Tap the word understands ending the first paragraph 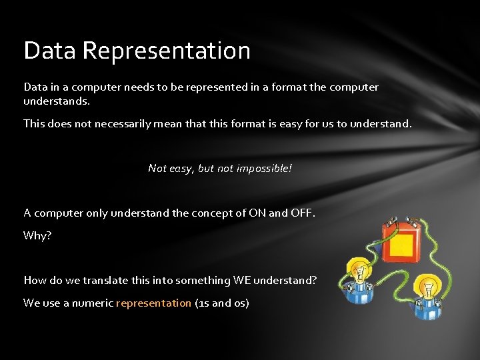(x=56, y=102)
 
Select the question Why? (x=37, y=236)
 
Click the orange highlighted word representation (x=153, y=303)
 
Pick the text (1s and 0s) (x=222, y=303)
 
